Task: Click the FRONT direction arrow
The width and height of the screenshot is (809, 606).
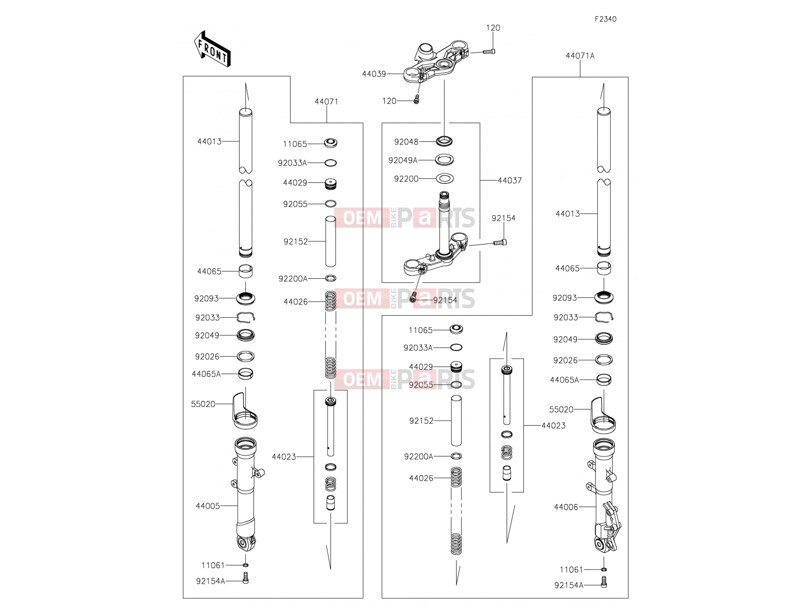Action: (x=212, y=48)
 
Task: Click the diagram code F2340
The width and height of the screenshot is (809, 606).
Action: (x=605, y=19)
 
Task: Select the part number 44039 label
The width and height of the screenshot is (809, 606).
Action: (x=374, y=74)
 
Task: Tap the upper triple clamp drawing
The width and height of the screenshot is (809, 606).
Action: (x=436, y=62)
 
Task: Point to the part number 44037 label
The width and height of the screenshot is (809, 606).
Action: (x=510, y=181)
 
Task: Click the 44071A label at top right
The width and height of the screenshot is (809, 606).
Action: (x=580, y=56)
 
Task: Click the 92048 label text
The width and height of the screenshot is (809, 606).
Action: (x=406, y=142)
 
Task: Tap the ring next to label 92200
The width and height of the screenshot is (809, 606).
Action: (x=445, y=179)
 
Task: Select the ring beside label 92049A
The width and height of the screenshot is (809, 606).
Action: (x=444, y=160)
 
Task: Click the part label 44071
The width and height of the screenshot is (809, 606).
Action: (x=326, y=102)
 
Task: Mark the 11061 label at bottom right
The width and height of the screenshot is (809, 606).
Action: (x=571, y=570)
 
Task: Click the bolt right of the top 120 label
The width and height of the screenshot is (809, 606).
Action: (x=489, y=52)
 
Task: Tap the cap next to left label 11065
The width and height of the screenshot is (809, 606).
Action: (x=331, y=143)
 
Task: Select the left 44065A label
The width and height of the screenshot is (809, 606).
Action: (x=206, y=374)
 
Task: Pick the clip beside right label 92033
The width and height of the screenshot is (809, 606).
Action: (x=604, y=317)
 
